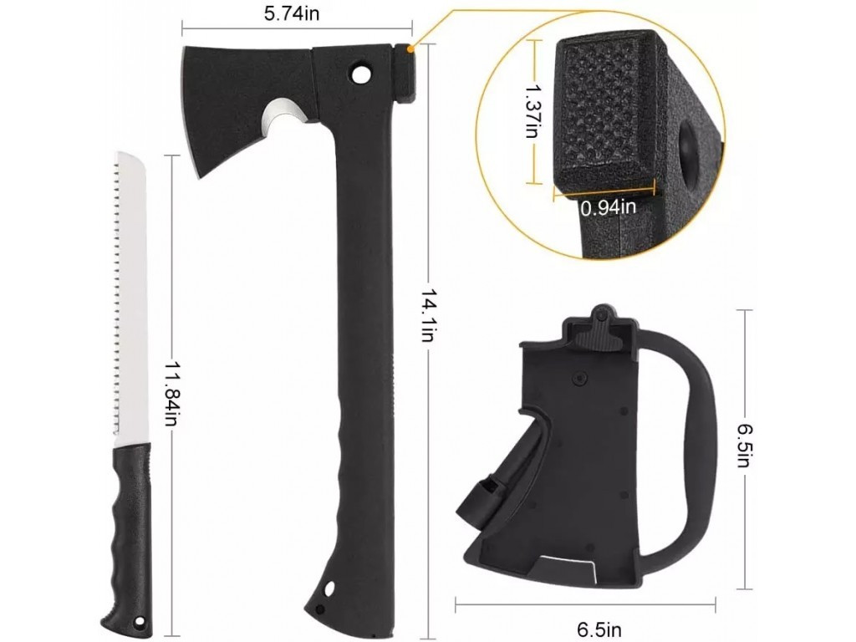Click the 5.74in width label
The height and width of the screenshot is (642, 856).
pos(292,13)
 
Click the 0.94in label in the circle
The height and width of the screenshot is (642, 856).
pos(609,207)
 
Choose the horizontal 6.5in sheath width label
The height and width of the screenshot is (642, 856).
pos(599,629)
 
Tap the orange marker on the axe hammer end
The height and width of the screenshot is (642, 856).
pos(410,49)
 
